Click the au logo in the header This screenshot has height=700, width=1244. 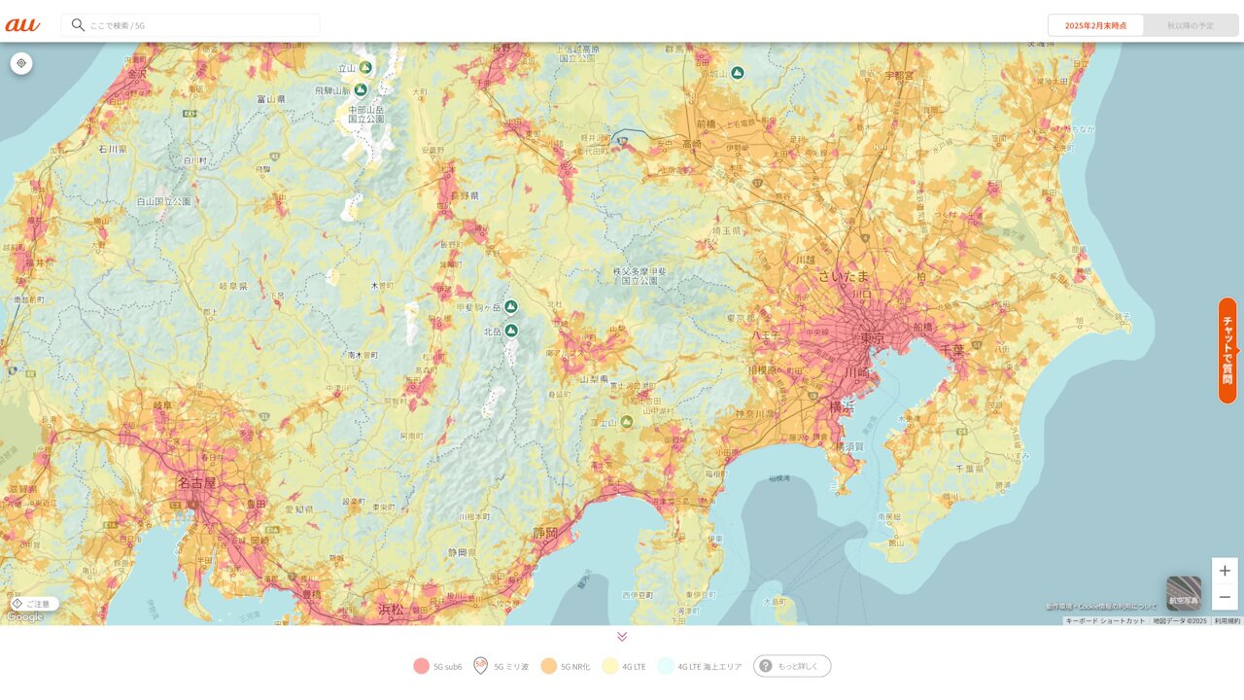[x=22, y=25]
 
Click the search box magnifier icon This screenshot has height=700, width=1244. [x=78, y=25]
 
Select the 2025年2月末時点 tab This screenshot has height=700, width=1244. [x=1095, y=25]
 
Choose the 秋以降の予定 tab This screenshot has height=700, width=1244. [x=1191, y=25]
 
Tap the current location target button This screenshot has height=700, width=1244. [x=21, y=63]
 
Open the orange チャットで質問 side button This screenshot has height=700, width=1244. [x=1227, y=350]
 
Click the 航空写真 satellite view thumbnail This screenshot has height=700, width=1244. [x=1184, y=593]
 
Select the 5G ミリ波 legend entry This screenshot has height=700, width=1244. [x=501, y=666]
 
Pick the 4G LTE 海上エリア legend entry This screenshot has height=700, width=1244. [x=700, y=666]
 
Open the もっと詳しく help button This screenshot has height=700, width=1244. [x=792, y=666]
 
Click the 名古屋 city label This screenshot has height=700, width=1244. [x=197, y=482]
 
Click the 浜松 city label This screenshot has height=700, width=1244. [x=391, y=610]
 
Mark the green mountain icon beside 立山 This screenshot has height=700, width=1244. [x=365, y=67]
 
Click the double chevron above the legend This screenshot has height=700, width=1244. [x=622, y=637]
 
